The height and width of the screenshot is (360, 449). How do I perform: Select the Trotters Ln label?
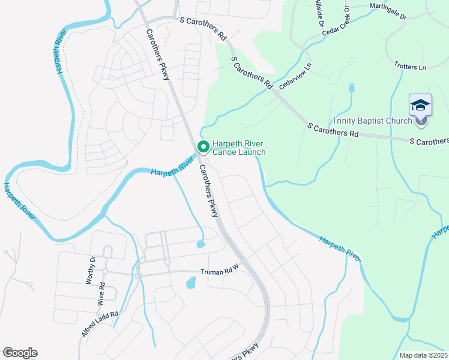(x=410, y=65)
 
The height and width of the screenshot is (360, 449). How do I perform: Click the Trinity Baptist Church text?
(x=372, y=121)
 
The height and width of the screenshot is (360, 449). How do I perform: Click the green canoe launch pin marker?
(x=203, y=146)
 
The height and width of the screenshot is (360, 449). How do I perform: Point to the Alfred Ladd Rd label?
(x=100, y=323)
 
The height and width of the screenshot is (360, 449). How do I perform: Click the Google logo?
(x=20, y=353)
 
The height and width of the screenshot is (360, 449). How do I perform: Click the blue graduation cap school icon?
(x=421, y=105)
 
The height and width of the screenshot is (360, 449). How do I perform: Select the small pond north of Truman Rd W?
(x=200, y=244)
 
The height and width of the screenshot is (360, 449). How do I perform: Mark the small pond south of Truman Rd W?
(x=191, y=281)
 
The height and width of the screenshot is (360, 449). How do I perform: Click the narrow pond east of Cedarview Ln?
(x=351, y=88)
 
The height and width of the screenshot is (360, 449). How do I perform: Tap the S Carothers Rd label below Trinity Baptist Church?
(x=332, y=130)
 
